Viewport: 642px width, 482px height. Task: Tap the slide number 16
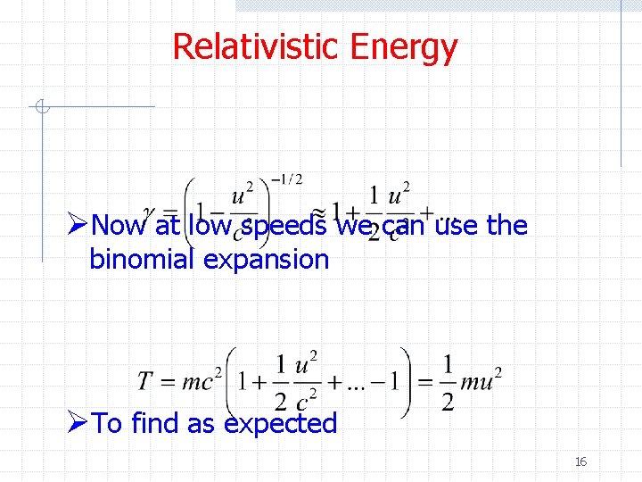point(580,461)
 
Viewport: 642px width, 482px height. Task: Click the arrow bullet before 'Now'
point(78,225)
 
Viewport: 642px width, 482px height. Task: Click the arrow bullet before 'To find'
point(78,423)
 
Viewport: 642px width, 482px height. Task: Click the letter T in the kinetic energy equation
point(147,382)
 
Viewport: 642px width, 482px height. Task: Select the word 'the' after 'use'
point(508,225)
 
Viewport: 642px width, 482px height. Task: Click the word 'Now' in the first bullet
point(121,226)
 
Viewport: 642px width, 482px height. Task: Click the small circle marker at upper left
point(39,108)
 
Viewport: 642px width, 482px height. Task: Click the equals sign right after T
point(169,382)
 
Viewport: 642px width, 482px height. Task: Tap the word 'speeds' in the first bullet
point(284,226)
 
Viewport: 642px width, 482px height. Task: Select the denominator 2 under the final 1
point(448,403)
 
